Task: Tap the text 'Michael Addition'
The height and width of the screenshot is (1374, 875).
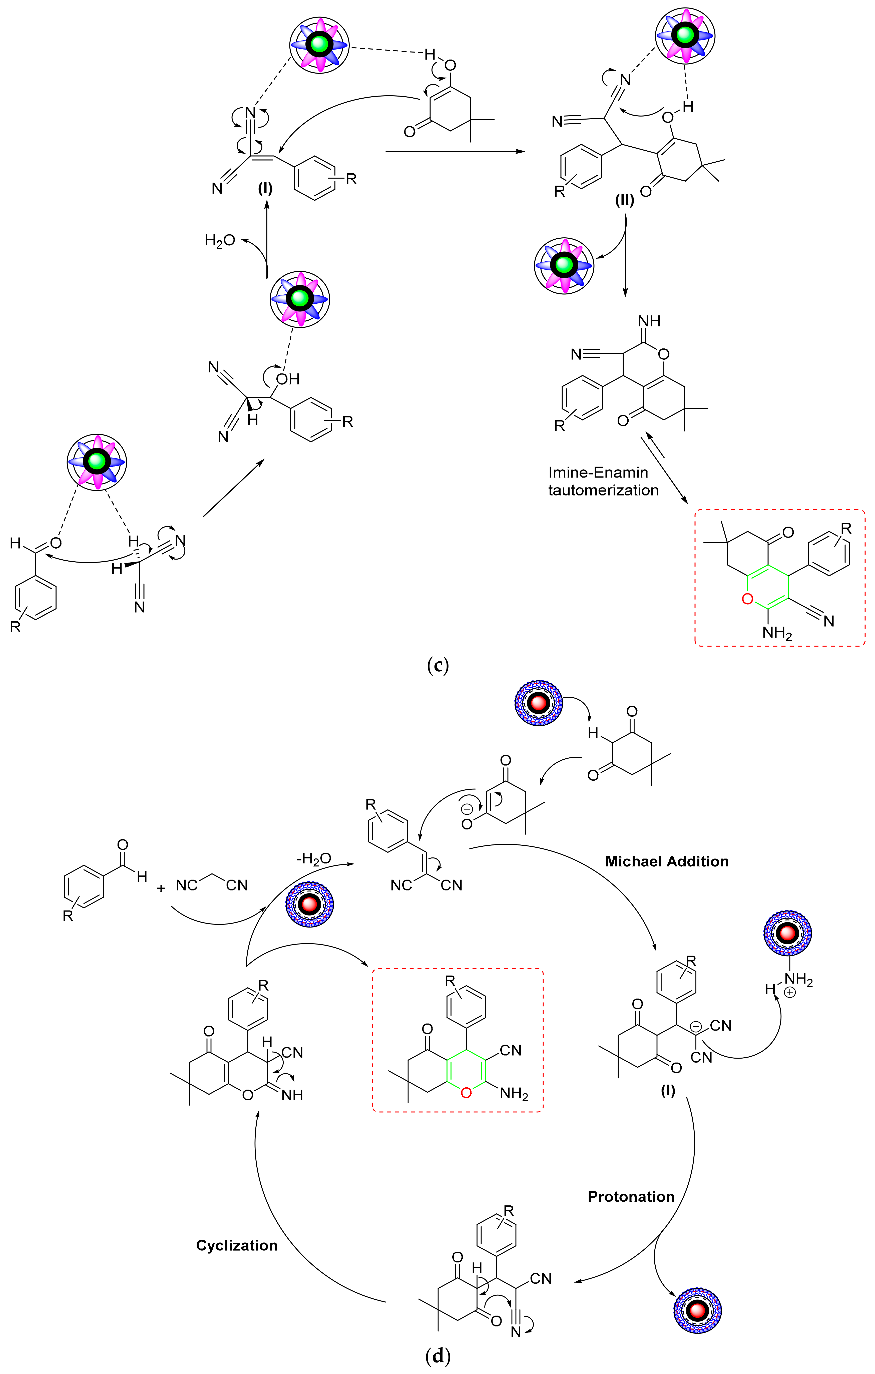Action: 667,862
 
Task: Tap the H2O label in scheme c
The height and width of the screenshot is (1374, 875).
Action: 220,240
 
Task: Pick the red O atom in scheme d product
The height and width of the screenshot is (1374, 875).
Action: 466,1093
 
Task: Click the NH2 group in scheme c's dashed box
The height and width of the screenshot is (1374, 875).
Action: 777,632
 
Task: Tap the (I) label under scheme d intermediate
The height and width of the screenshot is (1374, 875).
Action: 668,1090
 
